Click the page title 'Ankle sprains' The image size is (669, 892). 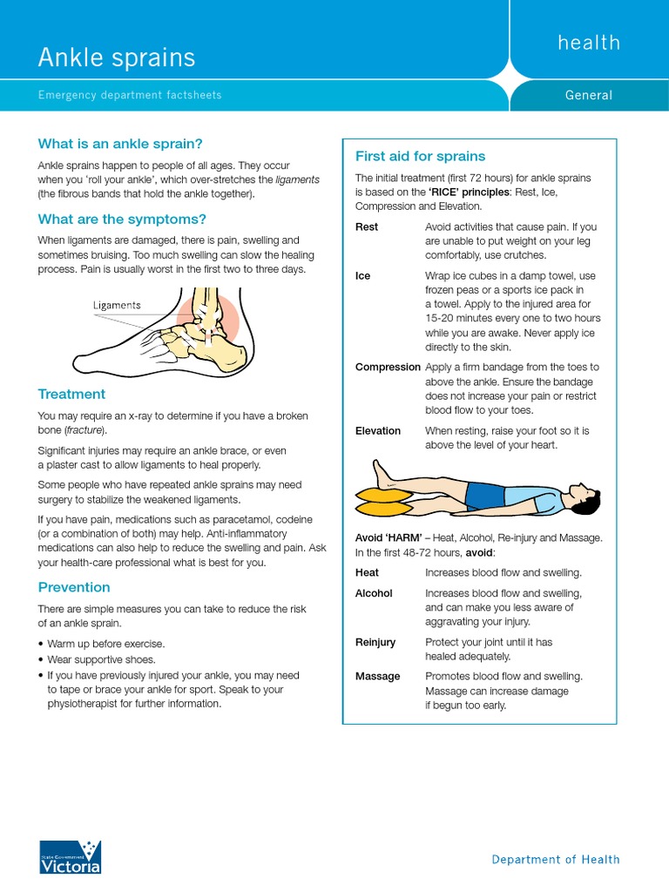(116, 57)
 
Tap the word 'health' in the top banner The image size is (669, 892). (589, 43)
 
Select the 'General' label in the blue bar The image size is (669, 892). (589, 95)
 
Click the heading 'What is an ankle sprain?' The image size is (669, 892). (120, 144)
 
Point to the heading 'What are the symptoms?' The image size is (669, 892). (122, 219)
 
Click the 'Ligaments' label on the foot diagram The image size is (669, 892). (117, 306)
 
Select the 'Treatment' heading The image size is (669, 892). (71, 394)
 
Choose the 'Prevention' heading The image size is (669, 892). (74, 587)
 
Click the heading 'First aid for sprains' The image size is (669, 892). (420, 156)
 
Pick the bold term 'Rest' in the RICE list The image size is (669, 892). (367, 226)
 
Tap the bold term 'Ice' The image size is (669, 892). (362, 275)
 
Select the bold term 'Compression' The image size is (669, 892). (388, 367)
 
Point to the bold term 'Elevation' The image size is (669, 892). (378, 430)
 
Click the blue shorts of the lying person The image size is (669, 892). (485, 495)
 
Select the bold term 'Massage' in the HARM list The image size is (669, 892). (378, 676)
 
